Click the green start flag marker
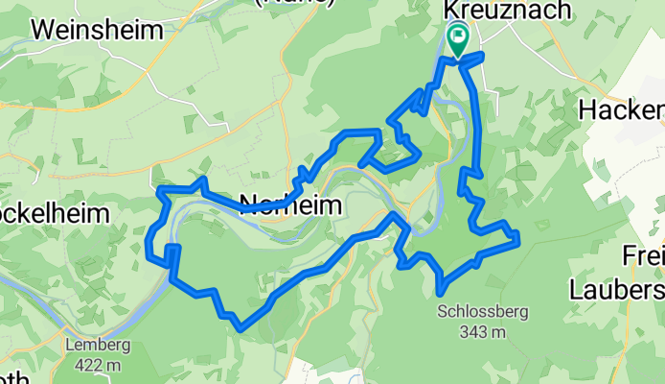pyautogui.click(x=458, y=39)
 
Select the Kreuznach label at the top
pyautogui.click(x=494, y=10)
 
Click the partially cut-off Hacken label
pyautogui.click(x=622, y=110)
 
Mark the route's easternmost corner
pyautogui.click(x=517, y=237)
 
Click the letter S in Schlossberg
pyautogui.click(x=442, y=312)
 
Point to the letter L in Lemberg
pyautogui.click(x=70, y=346)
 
